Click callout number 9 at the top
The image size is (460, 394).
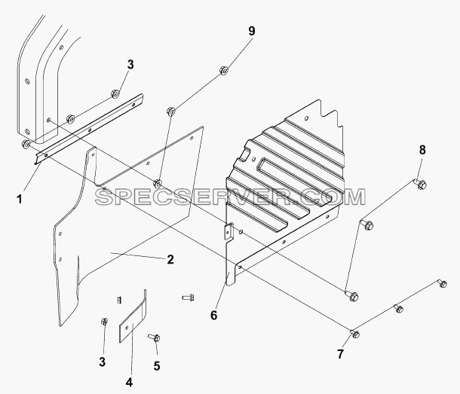pos(252,32)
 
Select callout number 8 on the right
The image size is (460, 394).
pos(422,150)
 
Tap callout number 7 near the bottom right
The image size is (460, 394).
pos(340,354)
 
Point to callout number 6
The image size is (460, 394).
pos(214,315)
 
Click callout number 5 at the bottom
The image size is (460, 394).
pos(157,366)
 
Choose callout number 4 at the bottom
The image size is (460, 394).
pos(129,382)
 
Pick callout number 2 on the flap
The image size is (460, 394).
pos(170,259)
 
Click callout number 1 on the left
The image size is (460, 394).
pos(20,200)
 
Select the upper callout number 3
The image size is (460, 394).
pos(130,65)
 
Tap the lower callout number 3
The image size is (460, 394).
pos(102,362)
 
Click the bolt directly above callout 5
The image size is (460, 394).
pos(155,337)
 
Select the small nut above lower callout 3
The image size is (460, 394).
pos(103,322)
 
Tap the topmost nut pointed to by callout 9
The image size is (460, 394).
pos(224,71)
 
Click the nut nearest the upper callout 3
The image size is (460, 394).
pos(115,94)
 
